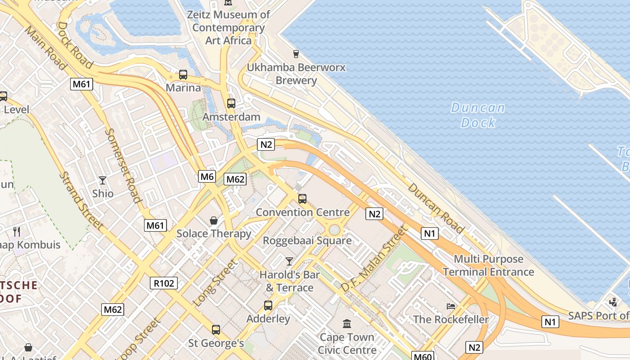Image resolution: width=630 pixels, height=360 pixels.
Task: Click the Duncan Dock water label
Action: (x=478, y=115)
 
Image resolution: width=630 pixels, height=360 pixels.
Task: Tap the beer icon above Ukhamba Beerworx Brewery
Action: (x=296, y=54)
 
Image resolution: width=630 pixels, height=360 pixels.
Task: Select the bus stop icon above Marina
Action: (x=183, y=75)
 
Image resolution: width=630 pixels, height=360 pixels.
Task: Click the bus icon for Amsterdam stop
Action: (x=231, y=103)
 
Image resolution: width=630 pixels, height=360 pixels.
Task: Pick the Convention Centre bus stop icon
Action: (x=302, y=198)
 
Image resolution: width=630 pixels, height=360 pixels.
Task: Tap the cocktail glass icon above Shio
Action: (x=103, y=180)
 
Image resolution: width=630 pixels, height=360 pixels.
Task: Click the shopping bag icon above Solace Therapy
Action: (x=214, y=220)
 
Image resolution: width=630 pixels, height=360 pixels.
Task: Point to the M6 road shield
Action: (x=207, y=176)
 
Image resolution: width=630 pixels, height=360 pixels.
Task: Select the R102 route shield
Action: (x=164, y=283)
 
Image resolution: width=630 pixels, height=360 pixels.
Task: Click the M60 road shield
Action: (x=423, y=357)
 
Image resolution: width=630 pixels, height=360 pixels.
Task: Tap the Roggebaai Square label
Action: (x=307, y=240)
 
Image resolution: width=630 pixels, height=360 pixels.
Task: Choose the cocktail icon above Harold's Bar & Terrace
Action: (x=289, y=261)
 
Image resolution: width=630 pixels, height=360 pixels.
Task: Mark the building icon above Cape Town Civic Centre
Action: (x=347, y=324)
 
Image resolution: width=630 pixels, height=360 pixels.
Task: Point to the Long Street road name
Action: (x=215, y=283)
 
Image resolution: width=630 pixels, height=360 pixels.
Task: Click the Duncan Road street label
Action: (x=435, y=208)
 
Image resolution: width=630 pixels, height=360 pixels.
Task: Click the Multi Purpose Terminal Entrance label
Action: (x=488, y=265)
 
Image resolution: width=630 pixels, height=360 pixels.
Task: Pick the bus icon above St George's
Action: (x=216, y=330)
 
